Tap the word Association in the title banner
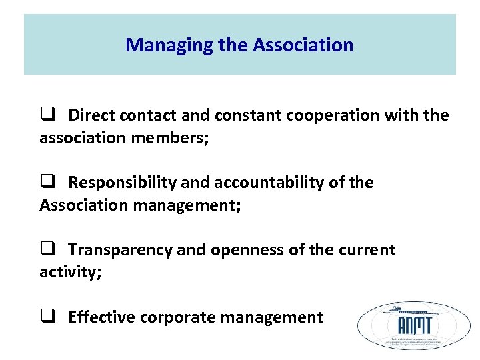tap(303, 45)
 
